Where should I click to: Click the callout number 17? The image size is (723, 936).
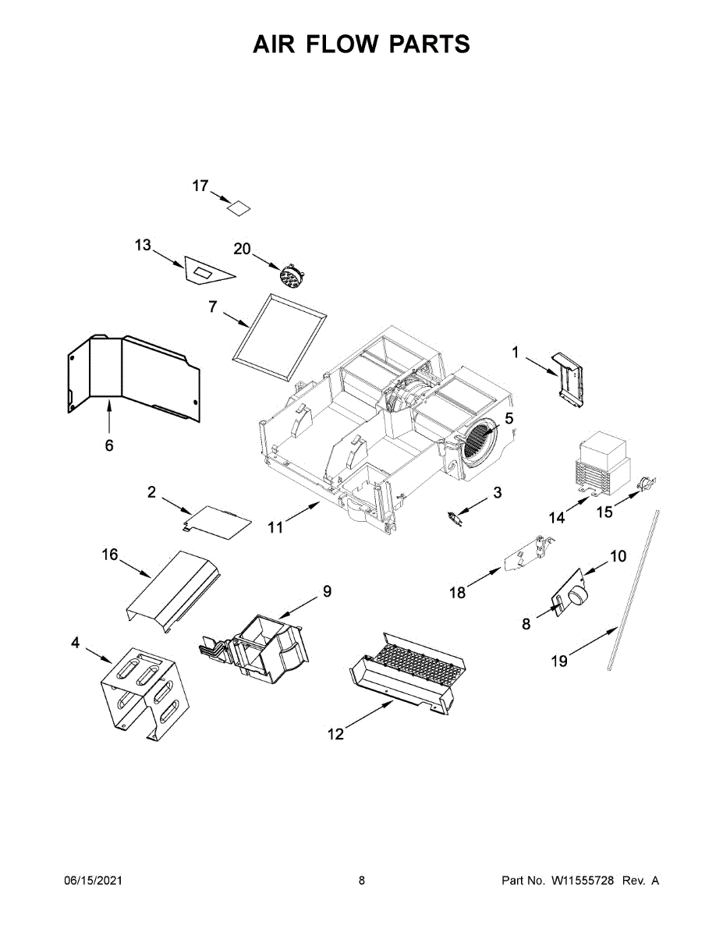[x=200, y=186]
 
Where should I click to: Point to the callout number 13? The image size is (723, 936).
[x=143, y=245]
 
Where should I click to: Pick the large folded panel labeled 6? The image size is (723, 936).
[x=133, y=374]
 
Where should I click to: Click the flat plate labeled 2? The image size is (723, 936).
[x=221, y=521]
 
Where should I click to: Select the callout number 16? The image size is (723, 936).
[x=110, y=555]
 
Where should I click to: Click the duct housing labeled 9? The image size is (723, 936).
[x=265, y=643]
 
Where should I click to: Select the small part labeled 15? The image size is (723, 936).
[x=647, y=485]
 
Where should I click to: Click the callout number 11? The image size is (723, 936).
[x=275, y=527]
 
